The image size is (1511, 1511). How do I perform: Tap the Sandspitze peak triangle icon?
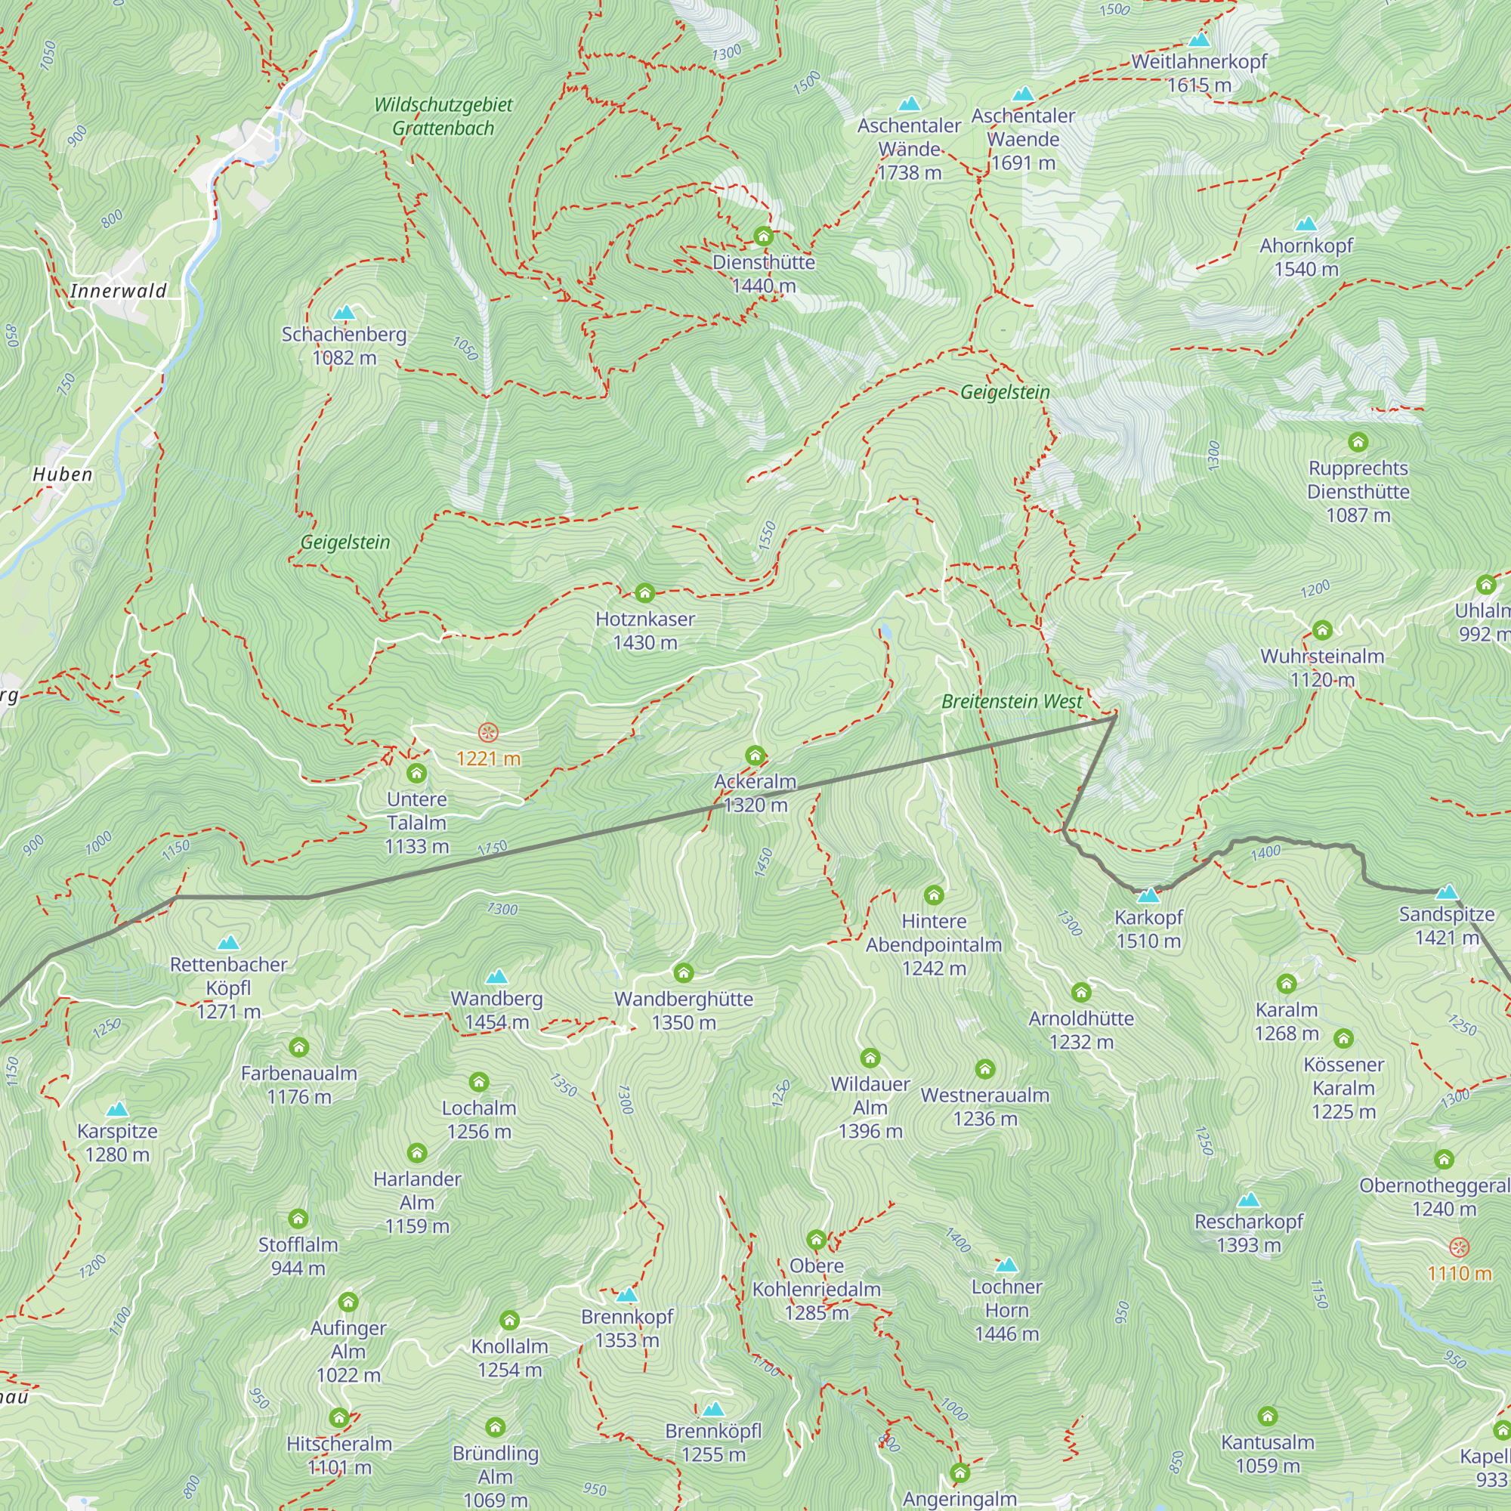1447,892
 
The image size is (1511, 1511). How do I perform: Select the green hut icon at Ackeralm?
755,755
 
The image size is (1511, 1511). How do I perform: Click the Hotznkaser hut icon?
644,593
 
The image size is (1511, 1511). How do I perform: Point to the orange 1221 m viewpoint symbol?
488,733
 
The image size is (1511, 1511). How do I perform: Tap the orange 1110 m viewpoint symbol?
1460,1247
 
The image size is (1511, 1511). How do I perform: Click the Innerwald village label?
118,291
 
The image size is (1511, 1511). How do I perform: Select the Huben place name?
63,474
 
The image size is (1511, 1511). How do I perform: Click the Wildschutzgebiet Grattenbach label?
443,116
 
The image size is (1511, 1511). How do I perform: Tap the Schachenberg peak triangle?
344,314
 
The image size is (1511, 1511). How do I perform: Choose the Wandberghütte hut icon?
684,973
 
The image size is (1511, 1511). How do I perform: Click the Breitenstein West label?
1012,702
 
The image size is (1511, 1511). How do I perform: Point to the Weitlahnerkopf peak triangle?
1199,40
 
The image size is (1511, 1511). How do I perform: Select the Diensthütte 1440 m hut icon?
763,236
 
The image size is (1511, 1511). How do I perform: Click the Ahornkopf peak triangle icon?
1306,224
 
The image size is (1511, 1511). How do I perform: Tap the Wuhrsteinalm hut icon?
1321,630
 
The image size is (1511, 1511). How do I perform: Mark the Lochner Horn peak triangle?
1006,1265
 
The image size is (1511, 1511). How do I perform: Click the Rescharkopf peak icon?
1248,1200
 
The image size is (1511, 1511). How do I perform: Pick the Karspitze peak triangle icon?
117,1110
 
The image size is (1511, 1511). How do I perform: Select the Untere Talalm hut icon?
416,774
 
